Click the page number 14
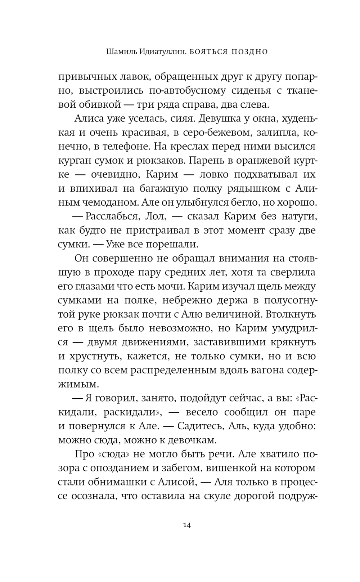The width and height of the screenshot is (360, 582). [x=186, y=525]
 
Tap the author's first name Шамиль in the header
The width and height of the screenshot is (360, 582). [x=121, y=52]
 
